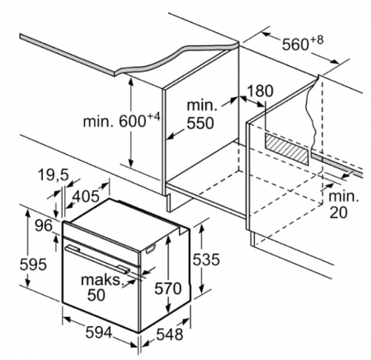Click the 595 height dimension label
point(33,264)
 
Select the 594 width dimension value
point(99,333)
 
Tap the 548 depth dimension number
point(170,334)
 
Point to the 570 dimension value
point(168,288)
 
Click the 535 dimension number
point(206,259)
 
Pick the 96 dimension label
point(44,226)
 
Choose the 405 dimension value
point(87,196)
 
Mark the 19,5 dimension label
point(53,175)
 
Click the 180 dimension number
point(260,91)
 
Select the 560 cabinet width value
point(295,44)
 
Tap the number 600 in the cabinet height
point(132,121)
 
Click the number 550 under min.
point(200,123)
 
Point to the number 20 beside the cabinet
point(338,213)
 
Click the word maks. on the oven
point(101,280)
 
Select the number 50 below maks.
point(96,295)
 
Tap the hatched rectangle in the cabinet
point(287,149)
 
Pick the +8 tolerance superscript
point(317,40)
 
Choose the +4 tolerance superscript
point(153,116)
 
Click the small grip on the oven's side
point(151,249)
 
